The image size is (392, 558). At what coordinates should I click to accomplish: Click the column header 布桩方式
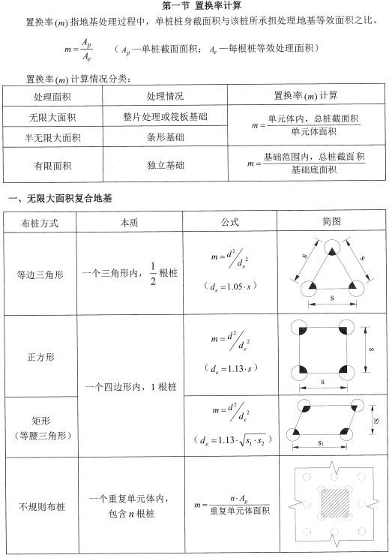click(41, 223)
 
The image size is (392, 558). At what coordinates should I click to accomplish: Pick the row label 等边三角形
click(42, 274)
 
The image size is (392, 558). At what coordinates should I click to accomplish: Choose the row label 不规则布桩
click(42, 507)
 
